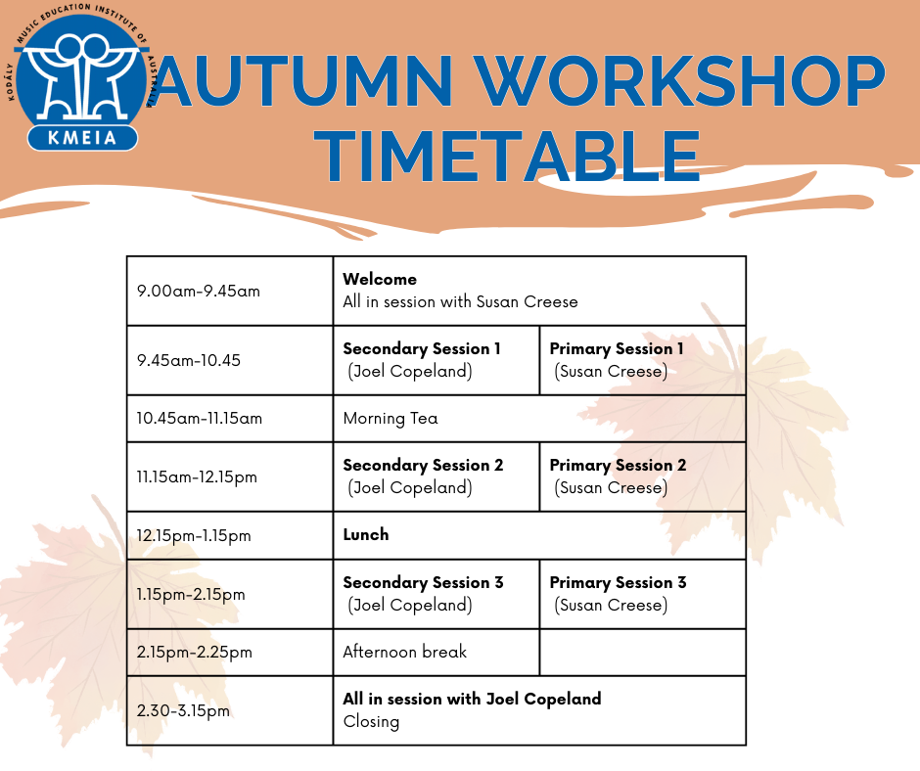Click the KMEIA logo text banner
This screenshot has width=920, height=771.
(82, 138)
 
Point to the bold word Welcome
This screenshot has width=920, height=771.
(380, 279)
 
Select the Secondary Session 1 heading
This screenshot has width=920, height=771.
(422, 349)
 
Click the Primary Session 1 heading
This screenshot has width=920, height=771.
(617, 349)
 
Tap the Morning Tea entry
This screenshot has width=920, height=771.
(391, 419)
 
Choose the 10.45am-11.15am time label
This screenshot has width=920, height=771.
(200, 419)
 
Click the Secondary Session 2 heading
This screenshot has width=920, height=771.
(423, 466)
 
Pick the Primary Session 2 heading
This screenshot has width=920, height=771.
(618, 466)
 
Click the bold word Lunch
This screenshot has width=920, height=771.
(366, 534)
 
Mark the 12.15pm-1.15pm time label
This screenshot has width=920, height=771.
(194, 536)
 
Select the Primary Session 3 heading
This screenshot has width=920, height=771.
(618, 582)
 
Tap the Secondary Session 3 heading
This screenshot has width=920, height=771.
(423, 582)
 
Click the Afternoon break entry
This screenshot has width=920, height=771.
(405, 652)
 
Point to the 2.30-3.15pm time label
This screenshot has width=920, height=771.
(183, 711)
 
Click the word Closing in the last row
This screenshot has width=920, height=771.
(371, 722)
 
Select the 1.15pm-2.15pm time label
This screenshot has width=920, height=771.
(191, 594)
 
